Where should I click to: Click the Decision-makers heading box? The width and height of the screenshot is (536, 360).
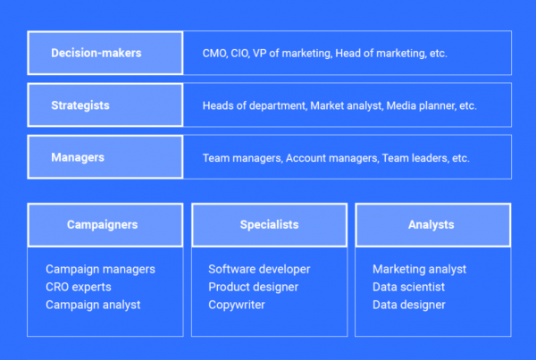pos(105,53)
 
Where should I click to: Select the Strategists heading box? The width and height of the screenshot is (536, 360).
pos(105,105)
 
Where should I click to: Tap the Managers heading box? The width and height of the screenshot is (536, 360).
pos(105,157)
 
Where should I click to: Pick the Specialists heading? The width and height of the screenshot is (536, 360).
pos(270,224)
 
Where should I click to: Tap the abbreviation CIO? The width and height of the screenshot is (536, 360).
pos(240,54)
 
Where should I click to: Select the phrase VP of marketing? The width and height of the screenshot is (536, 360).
pos(292,54)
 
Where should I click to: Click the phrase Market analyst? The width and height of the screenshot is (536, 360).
pos(347,105)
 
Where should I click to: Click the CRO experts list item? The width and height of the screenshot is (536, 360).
pos(79,287)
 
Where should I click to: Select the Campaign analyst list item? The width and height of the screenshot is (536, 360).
pos(93,305)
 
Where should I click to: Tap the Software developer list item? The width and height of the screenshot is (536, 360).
pos(259,269)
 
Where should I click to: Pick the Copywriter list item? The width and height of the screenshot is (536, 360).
pos(237,305)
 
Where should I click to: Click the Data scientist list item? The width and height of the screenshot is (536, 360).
pos(409,287)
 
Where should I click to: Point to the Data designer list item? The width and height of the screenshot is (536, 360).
pos(409,305)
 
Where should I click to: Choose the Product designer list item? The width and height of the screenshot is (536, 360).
pos(254,287)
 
